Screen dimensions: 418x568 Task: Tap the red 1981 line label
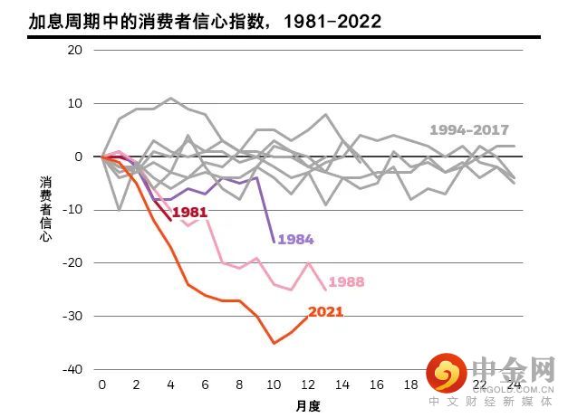click(x=190, y=212)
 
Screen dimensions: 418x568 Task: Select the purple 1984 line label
click(x=295, y=240)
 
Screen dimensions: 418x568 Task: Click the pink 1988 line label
click(x=346, y=282)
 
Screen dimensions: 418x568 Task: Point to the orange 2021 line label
click(x=326, y=312)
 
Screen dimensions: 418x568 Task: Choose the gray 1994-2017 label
click(x=469, y=130)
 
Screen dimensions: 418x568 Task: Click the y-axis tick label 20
click(x=75, y=50)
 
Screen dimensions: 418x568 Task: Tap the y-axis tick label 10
click(x=75, y=103)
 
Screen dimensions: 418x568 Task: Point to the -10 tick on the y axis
click(x=72, y=209)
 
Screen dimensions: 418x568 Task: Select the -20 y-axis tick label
click(x=72, y=262)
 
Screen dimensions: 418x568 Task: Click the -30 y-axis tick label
click(x=72, y=316)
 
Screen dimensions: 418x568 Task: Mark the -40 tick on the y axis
click(x=72, y=369)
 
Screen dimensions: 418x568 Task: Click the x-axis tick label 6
click(x=206, y=385)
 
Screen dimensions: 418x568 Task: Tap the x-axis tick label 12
click(x=308, y=385)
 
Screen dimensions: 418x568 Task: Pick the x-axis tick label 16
click(x=377, y=385)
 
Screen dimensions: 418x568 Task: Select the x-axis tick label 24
click(x=515, y=385)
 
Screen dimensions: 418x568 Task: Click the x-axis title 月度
click(x=308, y=405)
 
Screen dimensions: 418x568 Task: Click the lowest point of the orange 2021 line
click(x=274, y=343)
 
